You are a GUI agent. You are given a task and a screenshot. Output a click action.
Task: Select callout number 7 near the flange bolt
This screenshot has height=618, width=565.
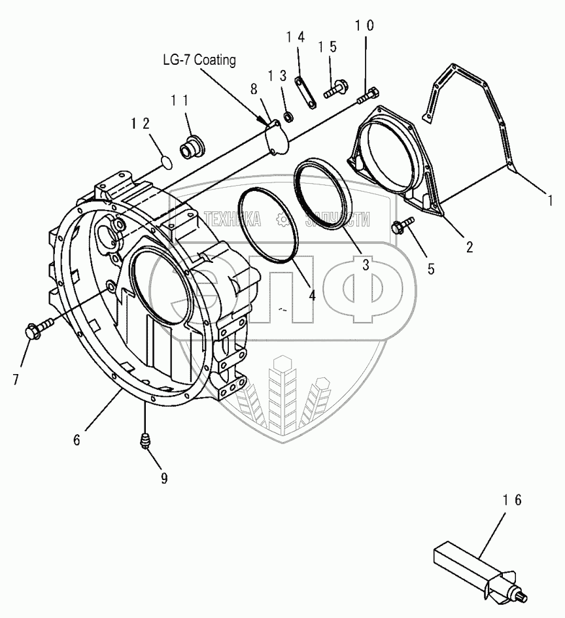(x=16, y=379)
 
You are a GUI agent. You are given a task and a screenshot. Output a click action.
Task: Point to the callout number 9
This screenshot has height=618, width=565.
(x=164, y=479)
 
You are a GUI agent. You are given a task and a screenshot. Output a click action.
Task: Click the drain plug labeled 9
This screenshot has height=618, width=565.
(x=144, y=441)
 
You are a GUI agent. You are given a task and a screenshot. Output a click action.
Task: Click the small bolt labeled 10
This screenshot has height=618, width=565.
(x=368, y=95)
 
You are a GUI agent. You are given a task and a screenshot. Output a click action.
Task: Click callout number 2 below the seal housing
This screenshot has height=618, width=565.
(x=469, y=247)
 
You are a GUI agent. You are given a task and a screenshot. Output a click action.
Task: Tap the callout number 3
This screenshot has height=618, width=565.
(x=365, y=265)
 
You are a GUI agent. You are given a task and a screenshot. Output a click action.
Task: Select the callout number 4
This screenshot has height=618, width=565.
(x=313, y=294)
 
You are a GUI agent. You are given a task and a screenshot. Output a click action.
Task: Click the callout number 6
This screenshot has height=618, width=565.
(x=77, y=439)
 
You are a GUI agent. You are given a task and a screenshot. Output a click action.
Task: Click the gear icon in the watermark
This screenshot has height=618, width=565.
(x=282, y=219)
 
